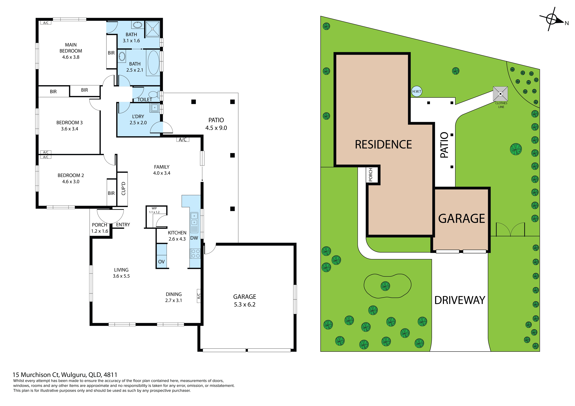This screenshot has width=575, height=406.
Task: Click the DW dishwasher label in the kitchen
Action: (194, 238)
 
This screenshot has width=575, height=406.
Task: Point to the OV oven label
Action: (161, 262)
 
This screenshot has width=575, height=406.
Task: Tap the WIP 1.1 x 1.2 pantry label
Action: (154, 210)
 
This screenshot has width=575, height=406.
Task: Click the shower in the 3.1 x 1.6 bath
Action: (152, 29)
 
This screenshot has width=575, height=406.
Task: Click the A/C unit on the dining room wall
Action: (199, 296)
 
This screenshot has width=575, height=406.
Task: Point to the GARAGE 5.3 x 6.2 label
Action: (245, 300)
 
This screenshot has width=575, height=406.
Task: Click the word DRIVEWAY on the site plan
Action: (460, 300)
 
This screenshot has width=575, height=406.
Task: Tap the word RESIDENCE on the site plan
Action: (383, 145)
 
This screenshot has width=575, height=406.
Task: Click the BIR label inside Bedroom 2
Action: (111, 193)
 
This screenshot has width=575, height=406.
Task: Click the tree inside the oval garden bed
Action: (385, 286)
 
